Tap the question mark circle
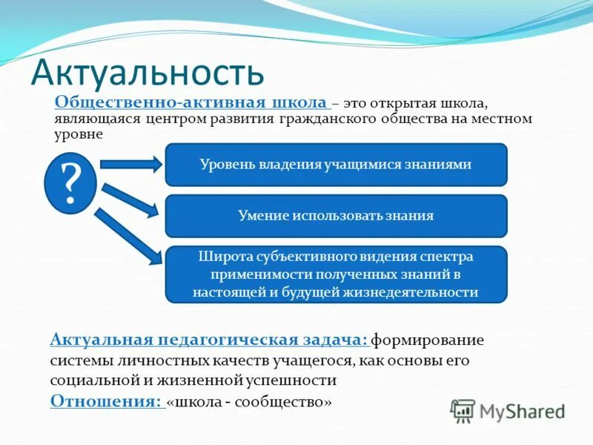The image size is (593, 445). (70, 183)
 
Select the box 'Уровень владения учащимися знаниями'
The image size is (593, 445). (336, 165)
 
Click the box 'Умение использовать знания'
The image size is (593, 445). (336, 216)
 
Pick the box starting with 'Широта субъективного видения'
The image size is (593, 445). (336, 274)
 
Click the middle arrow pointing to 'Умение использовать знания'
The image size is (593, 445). (130, 200)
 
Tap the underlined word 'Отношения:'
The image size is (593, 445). (106, 401)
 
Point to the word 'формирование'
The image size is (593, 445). (427, 340)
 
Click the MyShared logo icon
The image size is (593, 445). (463, 410)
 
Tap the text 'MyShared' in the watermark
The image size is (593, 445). (522, 411)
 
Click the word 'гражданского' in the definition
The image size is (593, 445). (319, 119)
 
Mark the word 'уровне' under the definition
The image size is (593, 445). (79, 135)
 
